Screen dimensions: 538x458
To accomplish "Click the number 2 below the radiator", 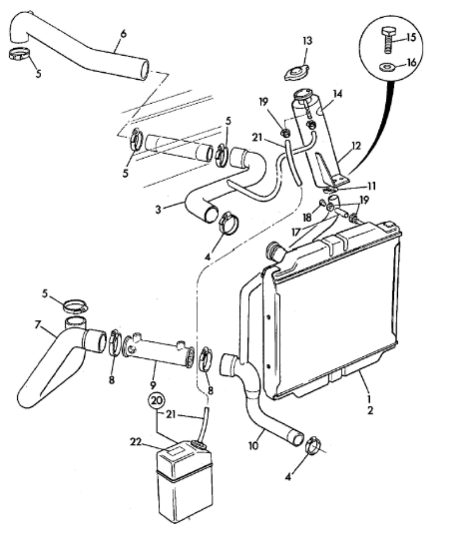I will (370, 410).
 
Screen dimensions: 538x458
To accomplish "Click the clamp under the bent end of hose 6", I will (20, 55).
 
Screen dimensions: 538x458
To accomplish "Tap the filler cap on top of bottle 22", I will (199, 445).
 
